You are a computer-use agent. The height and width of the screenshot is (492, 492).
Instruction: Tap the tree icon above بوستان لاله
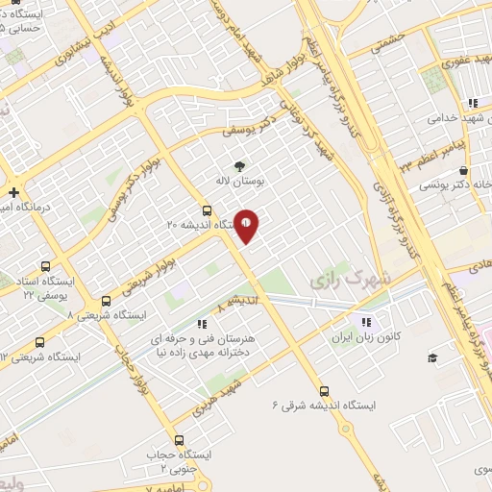click(x=239, y=165)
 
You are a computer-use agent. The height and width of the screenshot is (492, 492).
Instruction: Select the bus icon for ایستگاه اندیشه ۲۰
click(x=207, y=210)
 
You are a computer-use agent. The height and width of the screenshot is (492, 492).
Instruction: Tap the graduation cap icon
click(x=431, y=357)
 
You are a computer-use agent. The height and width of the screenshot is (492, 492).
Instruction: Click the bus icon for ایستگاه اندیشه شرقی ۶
click(x=325, y=391)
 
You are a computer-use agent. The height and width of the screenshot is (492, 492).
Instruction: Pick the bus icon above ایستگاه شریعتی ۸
click(x=106, y=301)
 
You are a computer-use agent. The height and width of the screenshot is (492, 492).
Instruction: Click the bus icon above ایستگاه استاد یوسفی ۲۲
click(x=44, y=266)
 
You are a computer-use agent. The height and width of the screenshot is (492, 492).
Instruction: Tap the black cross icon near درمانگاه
click(x=13, y=192)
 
